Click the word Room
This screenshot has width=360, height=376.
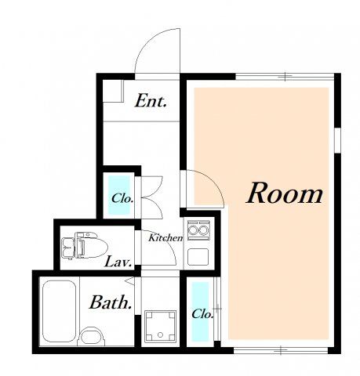pos(285,193)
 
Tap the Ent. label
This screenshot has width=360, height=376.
pos(151,100)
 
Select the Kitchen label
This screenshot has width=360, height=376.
pos(165,237)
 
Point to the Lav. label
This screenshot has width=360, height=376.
pos(118,262)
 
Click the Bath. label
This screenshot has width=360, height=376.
pos(111,302)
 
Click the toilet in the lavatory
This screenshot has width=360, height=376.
pos(85,246)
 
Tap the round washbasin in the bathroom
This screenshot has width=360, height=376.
pos(91,337)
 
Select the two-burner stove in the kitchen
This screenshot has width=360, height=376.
pos(198,230)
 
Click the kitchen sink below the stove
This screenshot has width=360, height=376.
pos(198,257)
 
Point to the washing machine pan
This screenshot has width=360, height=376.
pos(160,326)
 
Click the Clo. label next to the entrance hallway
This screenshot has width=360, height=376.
pos(122,198)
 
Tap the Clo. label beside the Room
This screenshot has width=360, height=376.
pos(202,313)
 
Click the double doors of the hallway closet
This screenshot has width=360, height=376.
pos(152,197)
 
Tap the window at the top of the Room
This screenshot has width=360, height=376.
pos(285,77)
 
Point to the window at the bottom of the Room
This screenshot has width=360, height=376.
pos(280,350)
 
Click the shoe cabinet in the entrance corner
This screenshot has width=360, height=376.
pos(113,91)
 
